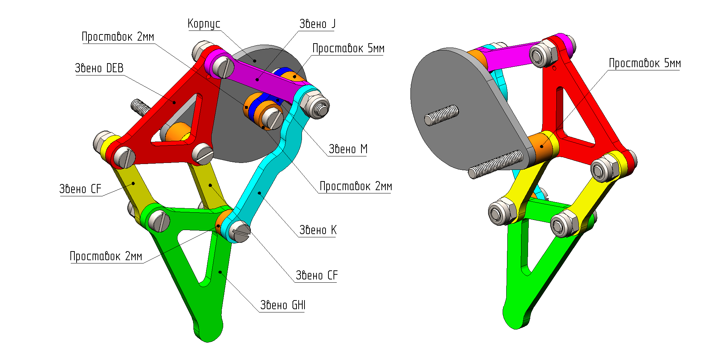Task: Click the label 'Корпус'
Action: (x=204, y=24)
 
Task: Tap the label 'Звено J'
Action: (x=317, y=24)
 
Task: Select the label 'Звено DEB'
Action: (x=99, y=68)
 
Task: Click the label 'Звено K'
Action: (x=318, y=230)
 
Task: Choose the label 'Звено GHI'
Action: (x=283, y=306)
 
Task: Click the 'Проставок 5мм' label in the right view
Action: (x=645, y=64)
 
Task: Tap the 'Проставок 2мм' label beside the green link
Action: (x=106, y=257)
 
